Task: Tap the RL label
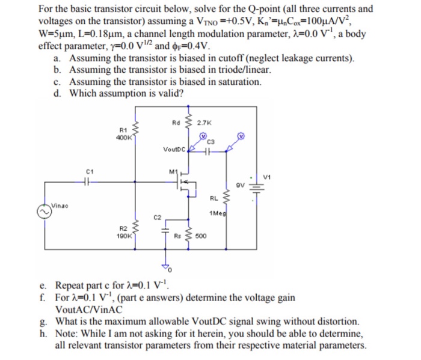click(214, 198)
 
